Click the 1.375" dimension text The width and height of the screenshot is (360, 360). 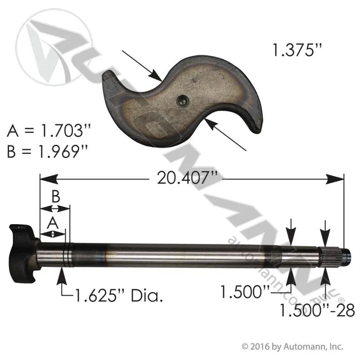(x=297, y=50)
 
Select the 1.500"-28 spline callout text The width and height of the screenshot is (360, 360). (x=317, y=310)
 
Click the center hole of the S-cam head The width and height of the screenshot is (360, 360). (x=183, y=101)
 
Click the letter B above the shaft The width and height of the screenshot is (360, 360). (x=55, y=196)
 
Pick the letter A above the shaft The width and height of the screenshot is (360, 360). (x=53, y=223)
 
